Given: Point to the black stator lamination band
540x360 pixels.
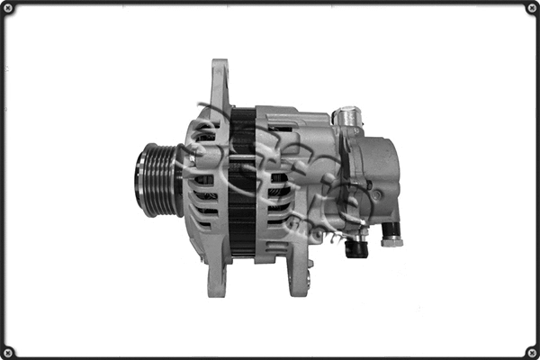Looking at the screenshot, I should (242, 180).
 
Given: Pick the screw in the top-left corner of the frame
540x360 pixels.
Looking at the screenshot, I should (8, 8).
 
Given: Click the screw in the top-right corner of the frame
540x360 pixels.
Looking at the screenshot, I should (531, 8).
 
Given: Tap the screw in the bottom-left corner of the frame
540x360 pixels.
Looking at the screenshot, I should (8, 351).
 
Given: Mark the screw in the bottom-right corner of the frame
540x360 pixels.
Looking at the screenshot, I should (531, 351).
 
